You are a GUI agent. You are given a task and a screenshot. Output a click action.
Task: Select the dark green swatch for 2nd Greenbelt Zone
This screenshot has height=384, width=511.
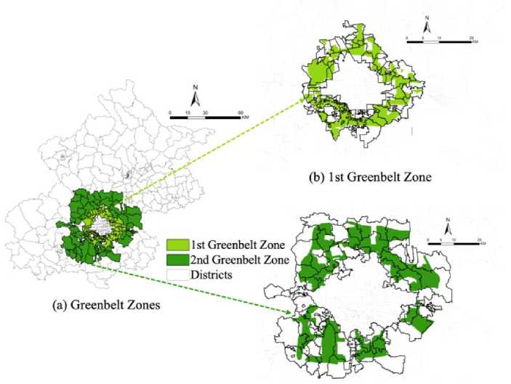pyautogui.click(x=179, y=258)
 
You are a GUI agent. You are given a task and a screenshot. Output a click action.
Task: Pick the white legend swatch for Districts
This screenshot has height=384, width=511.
pyautogui.click(x=179, y=273)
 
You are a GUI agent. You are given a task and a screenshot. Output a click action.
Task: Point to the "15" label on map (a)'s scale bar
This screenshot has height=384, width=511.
pyautogui.click(x=188, y=113)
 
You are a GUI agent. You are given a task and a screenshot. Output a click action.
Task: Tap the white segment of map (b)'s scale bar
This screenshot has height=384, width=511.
pyautogui.click(x=431, y=42)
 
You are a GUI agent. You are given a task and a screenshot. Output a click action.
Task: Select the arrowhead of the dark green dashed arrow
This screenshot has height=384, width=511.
pyautogui.click(x=292, y=314)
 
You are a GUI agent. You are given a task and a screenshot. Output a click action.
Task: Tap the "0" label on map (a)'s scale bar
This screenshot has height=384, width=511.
pyautogui.click(x=169, y=113)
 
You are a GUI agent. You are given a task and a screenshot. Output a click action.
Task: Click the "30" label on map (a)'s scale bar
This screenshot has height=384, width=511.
pyautogui.click(x=206, y=113)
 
